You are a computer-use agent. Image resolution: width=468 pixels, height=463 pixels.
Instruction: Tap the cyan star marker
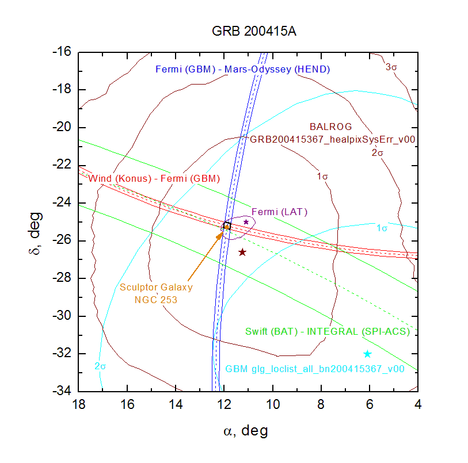point(367,354)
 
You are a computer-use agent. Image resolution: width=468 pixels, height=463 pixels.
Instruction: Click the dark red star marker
point(242,252)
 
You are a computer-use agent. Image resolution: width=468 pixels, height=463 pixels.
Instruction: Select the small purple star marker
point(246,221)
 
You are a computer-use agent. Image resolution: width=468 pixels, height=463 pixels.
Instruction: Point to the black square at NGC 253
point(226,225)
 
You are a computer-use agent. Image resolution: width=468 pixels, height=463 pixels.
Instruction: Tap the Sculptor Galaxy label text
point(155,287)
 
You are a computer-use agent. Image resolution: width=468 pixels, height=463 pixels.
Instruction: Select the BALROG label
point(330,127)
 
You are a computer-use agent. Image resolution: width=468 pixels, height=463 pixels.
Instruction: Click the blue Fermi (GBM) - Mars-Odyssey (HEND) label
point(242,70)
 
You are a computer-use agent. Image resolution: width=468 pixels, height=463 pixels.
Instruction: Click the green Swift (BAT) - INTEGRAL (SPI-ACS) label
point(327,331)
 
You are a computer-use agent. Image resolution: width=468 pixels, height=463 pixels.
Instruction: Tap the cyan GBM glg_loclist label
point(314,369)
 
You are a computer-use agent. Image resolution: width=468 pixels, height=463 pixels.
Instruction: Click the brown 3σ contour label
point(391,67)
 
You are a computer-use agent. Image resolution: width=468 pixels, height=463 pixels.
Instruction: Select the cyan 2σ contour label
point(101,366)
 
